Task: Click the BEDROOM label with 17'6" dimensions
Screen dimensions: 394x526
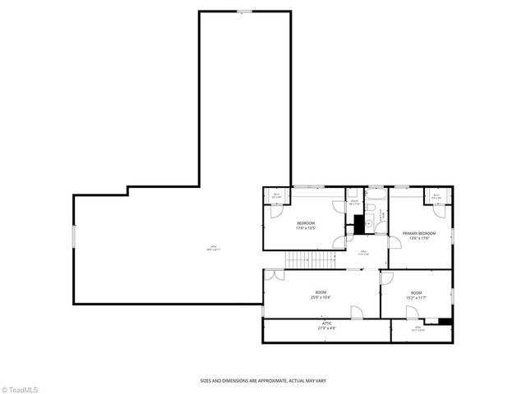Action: click(x=306, y=226)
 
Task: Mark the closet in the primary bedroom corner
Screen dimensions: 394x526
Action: click(x=436, y=196)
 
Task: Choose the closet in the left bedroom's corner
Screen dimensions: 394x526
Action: click(x=277, y=196)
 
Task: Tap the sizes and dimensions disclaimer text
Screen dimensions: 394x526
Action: click(x=262, y=380)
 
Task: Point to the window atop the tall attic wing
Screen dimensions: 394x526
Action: click(x=245, y=11)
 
